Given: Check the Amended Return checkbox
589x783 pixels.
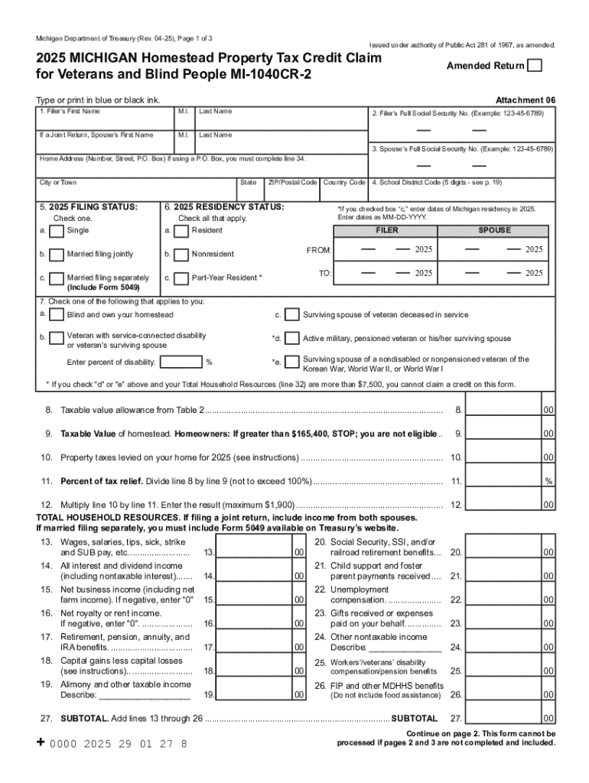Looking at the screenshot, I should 535,66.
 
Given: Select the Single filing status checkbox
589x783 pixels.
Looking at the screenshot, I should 56,231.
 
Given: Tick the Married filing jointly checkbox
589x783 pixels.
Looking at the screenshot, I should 56,254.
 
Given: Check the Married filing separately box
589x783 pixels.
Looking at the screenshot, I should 56,278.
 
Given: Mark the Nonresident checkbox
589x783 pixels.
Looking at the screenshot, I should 181,254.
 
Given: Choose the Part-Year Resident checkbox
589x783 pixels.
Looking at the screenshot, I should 181,278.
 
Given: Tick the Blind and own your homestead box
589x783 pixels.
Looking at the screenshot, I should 56,315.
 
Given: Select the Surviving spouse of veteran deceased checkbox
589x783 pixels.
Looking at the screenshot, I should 291,315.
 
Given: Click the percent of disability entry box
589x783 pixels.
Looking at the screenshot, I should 181,362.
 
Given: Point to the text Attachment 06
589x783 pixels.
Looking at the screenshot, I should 526,100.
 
